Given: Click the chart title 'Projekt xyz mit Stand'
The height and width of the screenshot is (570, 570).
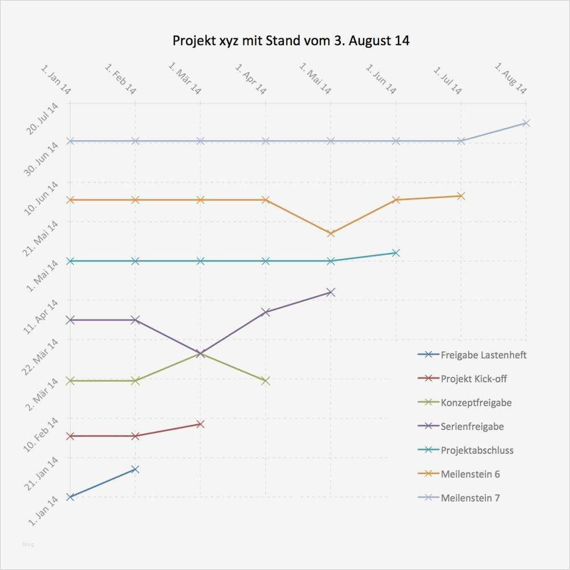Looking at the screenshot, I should click(291, 41).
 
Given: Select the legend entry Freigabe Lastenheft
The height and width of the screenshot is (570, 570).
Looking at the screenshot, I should click(483, 355).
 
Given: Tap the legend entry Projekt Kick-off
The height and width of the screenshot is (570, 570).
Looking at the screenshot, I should click(474, 379).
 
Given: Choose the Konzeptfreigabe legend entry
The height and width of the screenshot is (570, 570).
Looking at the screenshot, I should click(476, 403).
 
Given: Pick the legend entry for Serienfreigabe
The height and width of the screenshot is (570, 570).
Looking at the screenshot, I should click(472, 426).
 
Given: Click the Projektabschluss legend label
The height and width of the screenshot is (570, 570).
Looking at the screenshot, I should click(477, 450).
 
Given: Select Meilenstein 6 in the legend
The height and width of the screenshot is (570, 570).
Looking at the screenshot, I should click(470, 474).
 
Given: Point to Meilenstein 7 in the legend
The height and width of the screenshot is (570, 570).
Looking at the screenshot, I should click(470, 498).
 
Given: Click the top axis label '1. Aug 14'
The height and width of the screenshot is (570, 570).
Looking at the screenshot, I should click(511, 79).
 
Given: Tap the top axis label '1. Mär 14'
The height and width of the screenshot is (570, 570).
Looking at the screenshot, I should click(185, 79).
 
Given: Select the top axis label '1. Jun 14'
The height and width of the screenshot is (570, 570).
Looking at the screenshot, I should click(381, 79).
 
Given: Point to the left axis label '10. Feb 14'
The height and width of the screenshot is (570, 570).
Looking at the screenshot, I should click(42, 434).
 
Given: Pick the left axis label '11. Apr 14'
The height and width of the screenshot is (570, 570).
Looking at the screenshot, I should click(42, 315).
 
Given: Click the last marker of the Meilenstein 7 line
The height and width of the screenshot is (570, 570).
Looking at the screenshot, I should click(526, 123).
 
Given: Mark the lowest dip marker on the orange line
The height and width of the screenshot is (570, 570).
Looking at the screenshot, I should click(331, 233).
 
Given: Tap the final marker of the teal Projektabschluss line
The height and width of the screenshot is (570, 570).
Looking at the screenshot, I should click(396, 253).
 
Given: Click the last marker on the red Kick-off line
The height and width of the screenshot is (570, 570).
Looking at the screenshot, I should click(200, 424).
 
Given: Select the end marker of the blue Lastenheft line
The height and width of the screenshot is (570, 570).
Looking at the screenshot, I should click(135, 469).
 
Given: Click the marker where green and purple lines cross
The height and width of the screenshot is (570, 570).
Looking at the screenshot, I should click(200, 354).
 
